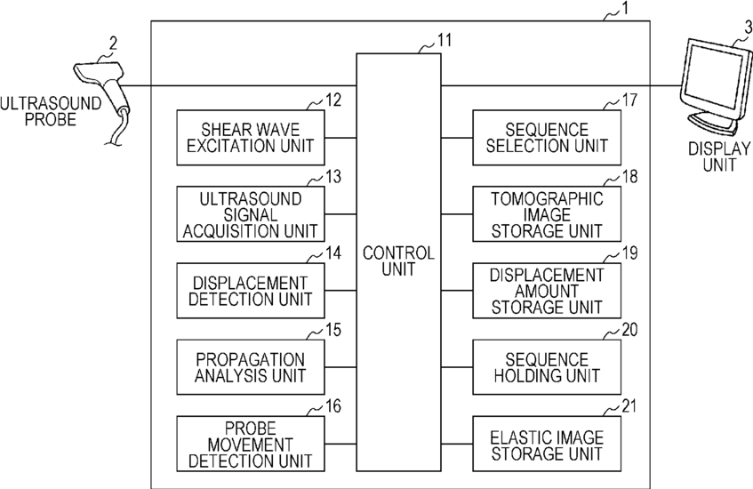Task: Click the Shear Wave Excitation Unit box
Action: (x=251, y=138)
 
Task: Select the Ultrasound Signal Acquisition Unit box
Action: (x=251, y=213)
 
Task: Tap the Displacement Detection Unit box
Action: (x=251, y=291)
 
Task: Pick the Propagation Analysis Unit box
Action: (x=251, y=367)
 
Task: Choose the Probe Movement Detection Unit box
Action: (x=251, y=444)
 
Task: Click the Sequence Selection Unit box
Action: (x=547, y=138)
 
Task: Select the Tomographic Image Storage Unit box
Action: (x=547, y=213)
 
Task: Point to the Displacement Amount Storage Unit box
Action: (x=547, y=291)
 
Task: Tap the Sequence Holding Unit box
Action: (x=547, y=367)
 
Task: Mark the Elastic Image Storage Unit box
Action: (x=547, y=444)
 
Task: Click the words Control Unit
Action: (x=398, y=261)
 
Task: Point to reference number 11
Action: (x=445, y=40)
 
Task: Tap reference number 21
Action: (x=629, y=406)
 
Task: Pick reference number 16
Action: (x=333, y=406)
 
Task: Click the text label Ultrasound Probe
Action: (x=51, y=111)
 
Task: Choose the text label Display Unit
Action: (x=719, y=156)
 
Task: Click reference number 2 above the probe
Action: (x=113, y=44)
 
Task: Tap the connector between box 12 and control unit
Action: (x=340, y=138)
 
